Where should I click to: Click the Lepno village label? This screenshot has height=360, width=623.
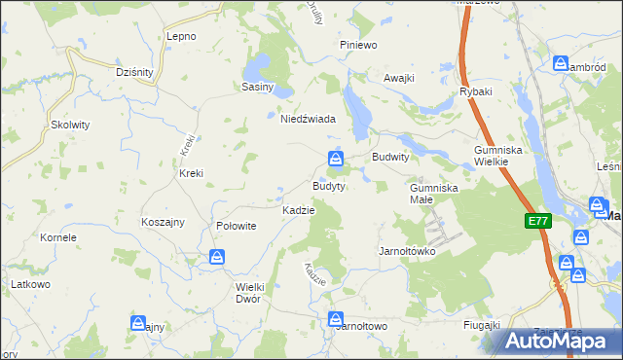pyautogui.click(x=181, y=36)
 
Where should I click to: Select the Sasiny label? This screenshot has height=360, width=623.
pyautogui.click(x=258, y=87)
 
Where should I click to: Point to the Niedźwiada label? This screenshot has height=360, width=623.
pyautogui.click(x=308, y=119)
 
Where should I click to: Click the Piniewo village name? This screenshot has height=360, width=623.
pyautogui.click(x=357, y=46)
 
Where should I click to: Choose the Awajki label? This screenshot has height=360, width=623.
pyautogui.click(x=399, y=78)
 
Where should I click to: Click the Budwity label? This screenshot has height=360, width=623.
pyautogui.click(x=389, y=156)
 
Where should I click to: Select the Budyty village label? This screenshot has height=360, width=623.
pyautogui.click(x=328, y=185)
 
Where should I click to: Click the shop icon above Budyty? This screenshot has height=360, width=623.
pyautogui.click(x=335, y=158)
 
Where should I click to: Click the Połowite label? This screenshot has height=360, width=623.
pyautogui.click(x=236, y=225)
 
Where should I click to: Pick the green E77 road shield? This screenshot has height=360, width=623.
pyautogui.click(x=538, y=221)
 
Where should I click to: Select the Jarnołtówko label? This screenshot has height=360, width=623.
pyautogui.click(x=406, y=251)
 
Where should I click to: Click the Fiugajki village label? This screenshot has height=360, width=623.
pyautogui.click(x=482, y=324)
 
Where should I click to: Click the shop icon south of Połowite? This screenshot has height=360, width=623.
pyautogui.click(x=217, y=258)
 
